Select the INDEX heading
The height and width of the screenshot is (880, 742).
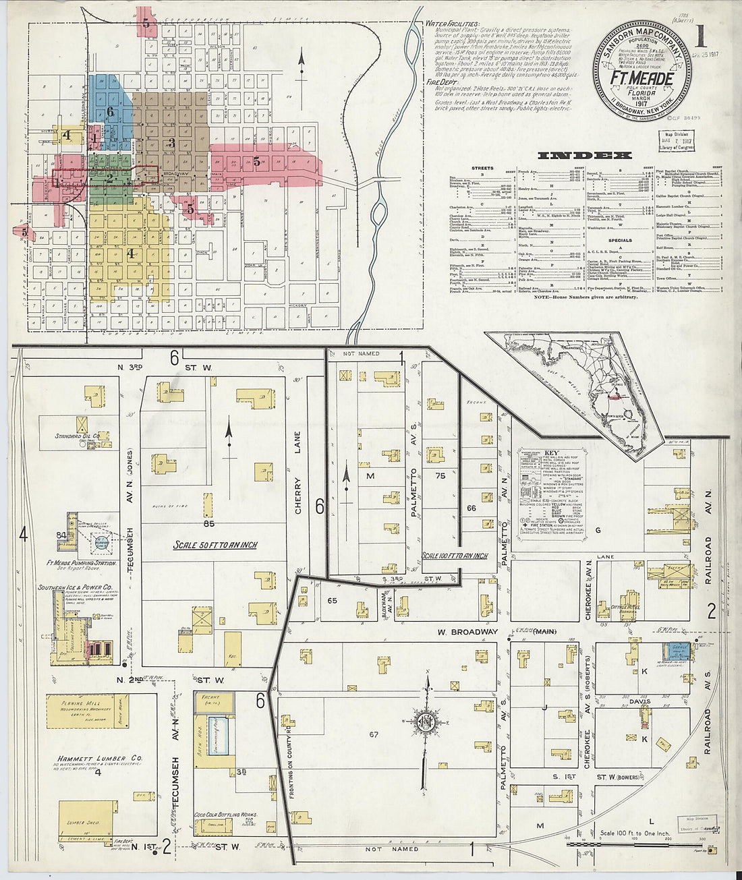point(584,156)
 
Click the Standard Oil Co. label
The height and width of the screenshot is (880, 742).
point(78,436)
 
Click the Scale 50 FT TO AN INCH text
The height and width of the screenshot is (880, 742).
point(215,545)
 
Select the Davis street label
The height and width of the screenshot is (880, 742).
point(640,701)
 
